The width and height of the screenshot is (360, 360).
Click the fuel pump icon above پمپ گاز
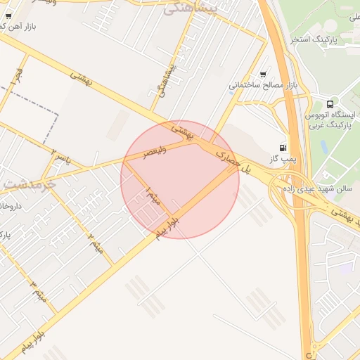tap(283, 148)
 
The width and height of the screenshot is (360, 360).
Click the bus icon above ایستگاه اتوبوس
tap(330, 103)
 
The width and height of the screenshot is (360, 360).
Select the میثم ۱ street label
tap(153, 195)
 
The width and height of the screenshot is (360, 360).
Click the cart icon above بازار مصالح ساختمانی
tap(263, 74)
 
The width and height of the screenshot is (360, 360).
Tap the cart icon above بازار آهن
tap(8, 15)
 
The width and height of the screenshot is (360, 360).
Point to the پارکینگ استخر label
tap(315, 39)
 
